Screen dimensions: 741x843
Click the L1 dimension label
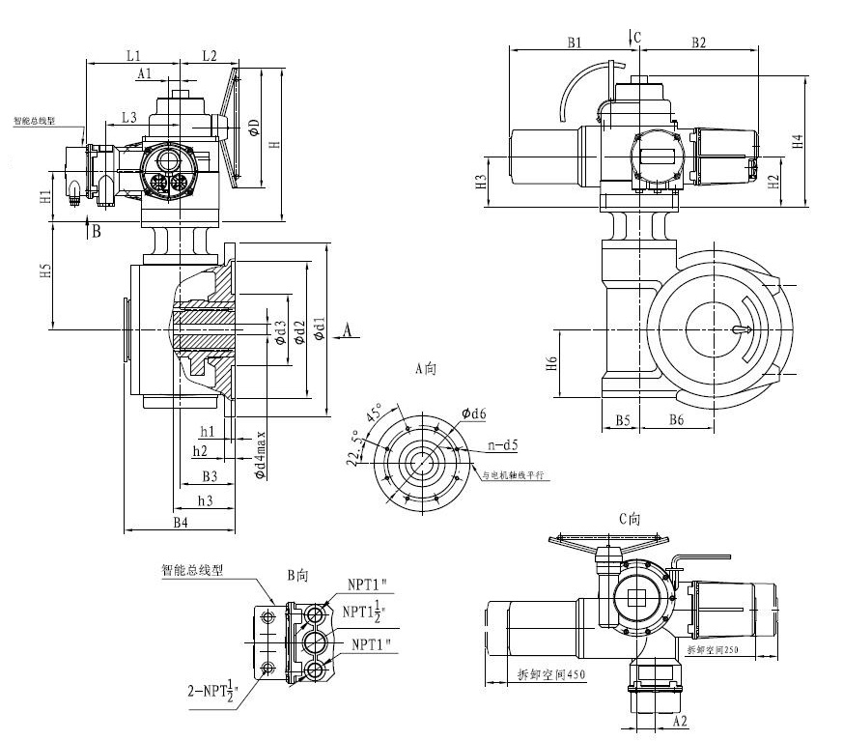tap(133, 55)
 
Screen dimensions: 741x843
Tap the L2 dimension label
tap(210, 55)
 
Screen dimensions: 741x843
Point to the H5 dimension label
tap(44, 272)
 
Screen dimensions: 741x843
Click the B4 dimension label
tap(181, 523)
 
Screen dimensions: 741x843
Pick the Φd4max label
tap(260, 456)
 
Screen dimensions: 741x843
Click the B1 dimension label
tap(575, 43)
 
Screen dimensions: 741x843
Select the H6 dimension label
tap(551, 364)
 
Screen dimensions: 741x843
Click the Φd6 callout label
tap(474, 413)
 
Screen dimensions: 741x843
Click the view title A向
tap(427, 368)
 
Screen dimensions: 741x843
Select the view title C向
tap(630, 519)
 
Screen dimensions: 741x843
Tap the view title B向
tap(297, 575)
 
